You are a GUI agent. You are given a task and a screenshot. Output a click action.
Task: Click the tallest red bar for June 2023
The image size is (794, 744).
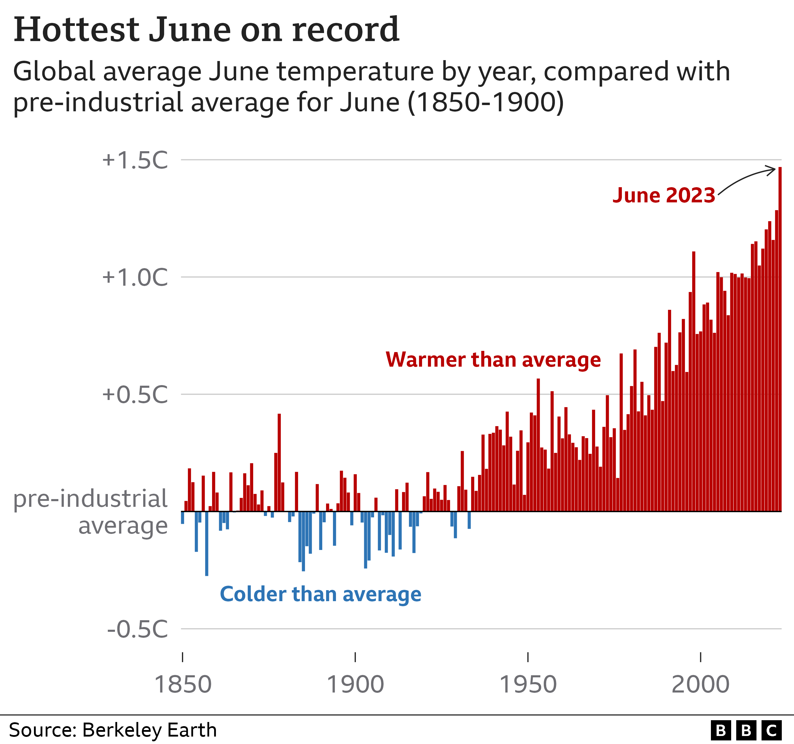point(780,339)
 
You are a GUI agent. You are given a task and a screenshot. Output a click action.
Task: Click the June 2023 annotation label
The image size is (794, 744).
point(664,195)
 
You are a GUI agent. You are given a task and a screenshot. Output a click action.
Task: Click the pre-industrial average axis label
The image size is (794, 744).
point(90,512)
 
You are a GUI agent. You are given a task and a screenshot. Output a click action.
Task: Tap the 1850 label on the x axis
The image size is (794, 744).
point(183,684)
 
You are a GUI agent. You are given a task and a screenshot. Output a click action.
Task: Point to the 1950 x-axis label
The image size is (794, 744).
point(528,684)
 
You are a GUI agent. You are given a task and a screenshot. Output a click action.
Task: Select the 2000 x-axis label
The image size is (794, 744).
point(700,684)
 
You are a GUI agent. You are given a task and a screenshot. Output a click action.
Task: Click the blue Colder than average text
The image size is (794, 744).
point(320,594)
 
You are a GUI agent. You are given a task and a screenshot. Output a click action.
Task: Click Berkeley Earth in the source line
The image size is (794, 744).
point(150,730)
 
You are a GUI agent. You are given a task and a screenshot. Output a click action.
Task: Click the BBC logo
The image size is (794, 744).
point(746,730)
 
